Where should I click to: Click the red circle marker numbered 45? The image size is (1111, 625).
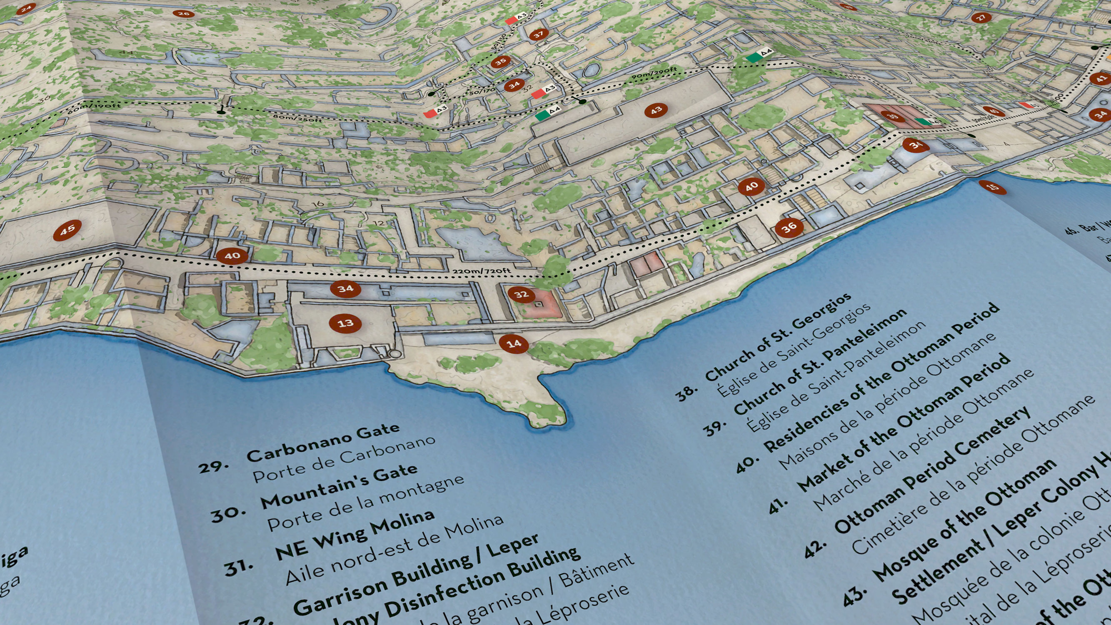[67, 230]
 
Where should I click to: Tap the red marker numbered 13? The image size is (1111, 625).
[345, 323]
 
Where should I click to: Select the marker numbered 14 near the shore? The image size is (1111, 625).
[514, 344]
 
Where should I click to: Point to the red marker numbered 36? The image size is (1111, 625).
[789, 228]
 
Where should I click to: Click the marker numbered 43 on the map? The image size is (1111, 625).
[656, 110]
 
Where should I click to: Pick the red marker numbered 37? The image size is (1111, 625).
[539, 34]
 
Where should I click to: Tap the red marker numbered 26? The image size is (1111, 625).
[183, 14]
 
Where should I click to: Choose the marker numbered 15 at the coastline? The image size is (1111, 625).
[992, 187]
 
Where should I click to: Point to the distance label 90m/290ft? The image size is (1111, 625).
[654, 73]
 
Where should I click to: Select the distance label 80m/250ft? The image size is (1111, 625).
[297, 117]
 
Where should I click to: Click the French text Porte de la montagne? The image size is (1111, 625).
[366, 505]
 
